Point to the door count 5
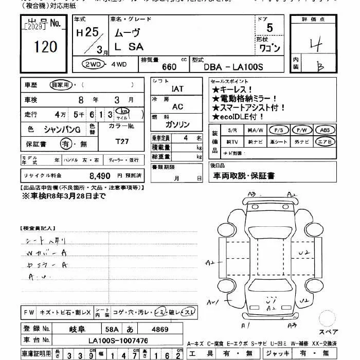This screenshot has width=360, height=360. click(269, 29)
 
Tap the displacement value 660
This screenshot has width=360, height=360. click(169, 67)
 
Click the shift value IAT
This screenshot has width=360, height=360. click(177, 89)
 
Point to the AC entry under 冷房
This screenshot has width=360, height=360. click(177, 107)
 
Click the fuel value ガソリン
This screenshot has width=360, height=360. click(177, 125)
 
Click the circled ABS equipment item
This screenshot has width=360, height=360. click(325, 130)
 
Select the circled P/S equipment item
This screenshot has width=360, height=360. click(279, 130)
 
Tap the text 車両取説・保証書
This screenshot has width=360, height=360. click(244, 176)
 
